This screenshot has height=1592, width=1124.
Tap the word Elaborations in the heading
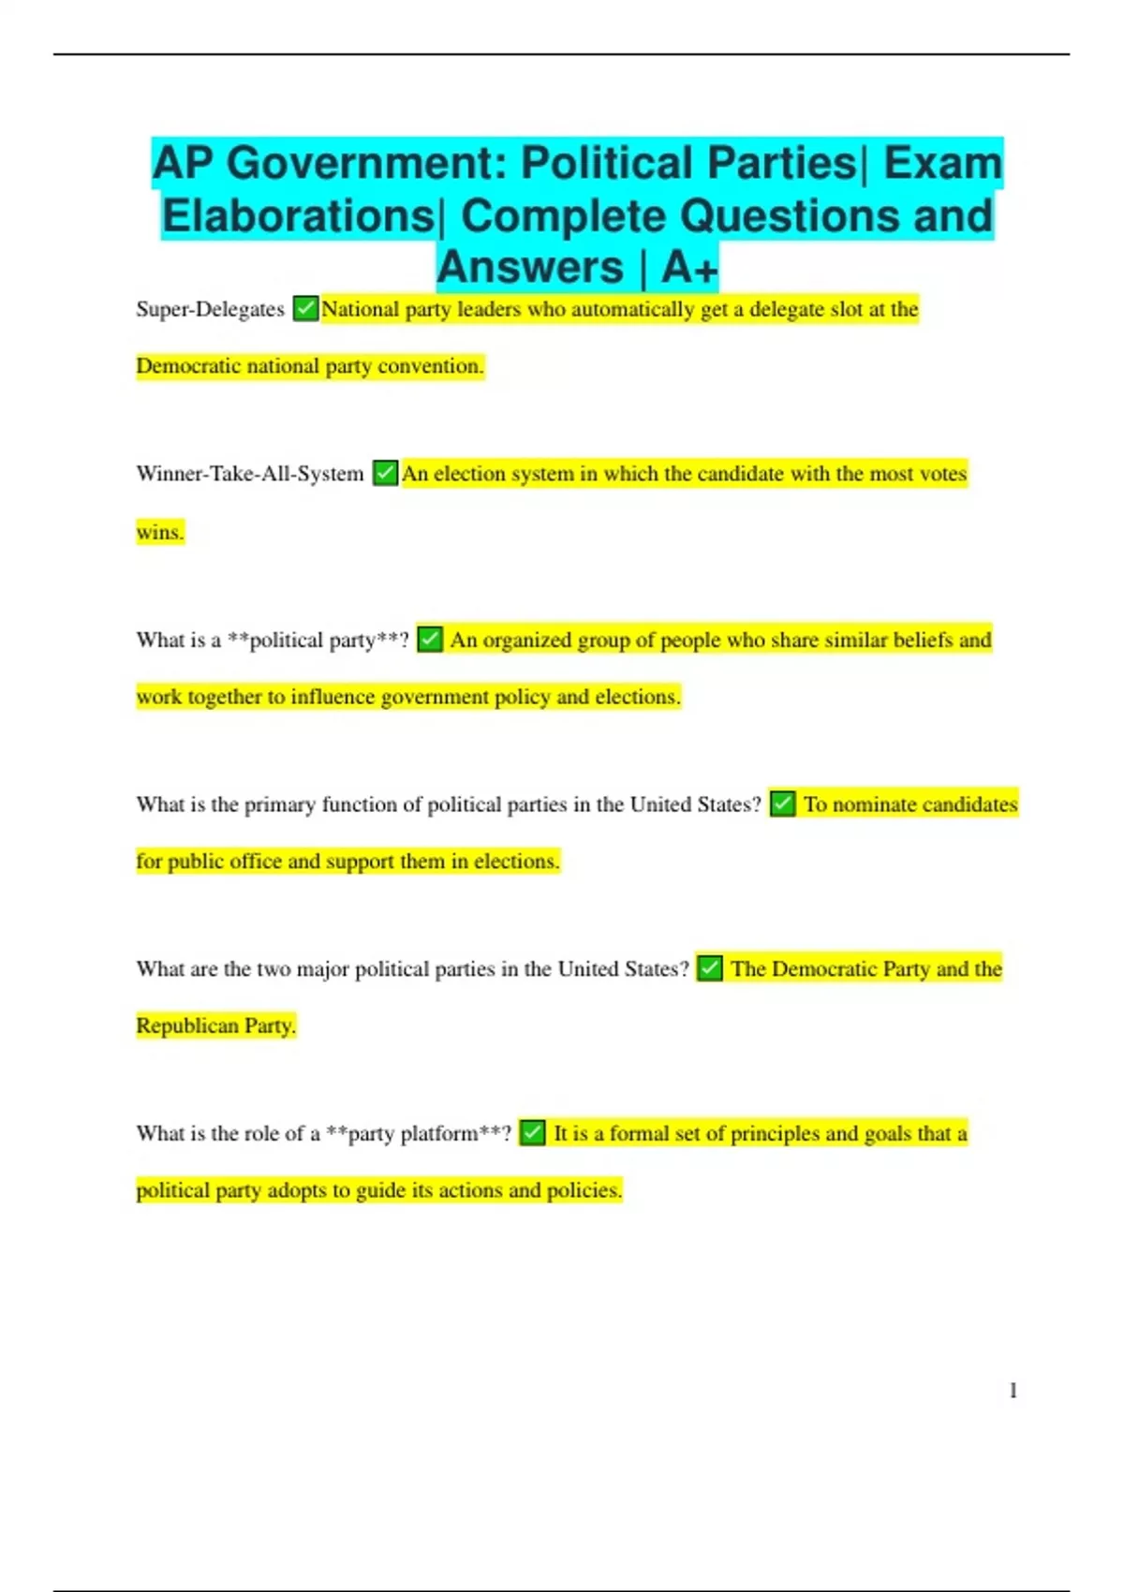pyautogui.click(x=297, y=216)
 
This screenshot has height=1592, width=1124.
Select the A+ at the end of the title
pyautogui.click(x=689, y=268)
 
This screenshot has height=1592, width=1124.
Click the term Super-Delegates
pyautogui.click(x=210, y=309)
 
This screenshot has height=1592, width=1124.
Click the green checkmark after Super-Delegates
pyautogui.click(x=305, y=308)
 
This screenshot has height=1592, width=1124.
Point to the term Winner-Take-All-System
pyautogui.click(x=249, y=474)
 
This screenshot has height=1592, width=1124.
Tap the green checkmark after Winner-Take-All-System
pyautogui.click(x=385, y=473)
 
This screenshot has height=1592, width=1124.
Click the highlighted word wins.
pyautogui.click(x=160, y=532)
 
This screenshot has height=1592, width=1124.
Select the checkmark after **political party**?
pyautogui.click(x=429, y=640)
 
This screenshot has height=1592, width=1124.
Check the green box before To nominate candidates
pyautogui.click(x=782, y=803)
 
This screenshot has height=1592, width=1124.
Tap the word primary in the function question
pyautogui.click(x=279, y=805)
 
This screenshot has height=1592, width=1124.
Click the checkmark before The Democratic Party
pyautogui.click(x=710, y=968)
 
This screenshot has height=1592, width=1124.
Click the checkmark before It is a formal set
pyautogui.click(x=532, y=1133)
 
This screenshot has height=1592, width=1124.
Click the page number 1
pyautogui.click(x=1013, y=1391)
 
